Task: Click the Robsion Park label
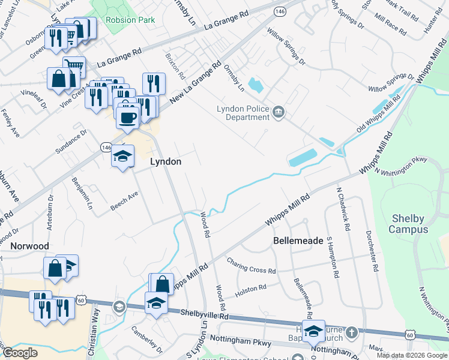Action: point(130,20)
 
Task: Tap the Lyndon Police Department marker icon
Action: point(279,112)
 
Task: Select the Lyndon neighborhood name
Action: point(165,162)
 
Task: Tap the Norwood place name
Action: point(29,246)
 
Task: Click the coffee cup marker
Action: point(127,117)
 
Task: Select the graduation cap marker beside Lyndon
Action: point(123,157)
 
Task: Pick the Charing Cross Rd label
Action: point(251,266)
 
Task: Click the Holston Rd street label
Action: point(250,289)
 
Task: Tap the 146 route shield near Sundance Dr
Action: point(106,147)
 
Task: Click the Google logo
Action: point(20,353)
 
